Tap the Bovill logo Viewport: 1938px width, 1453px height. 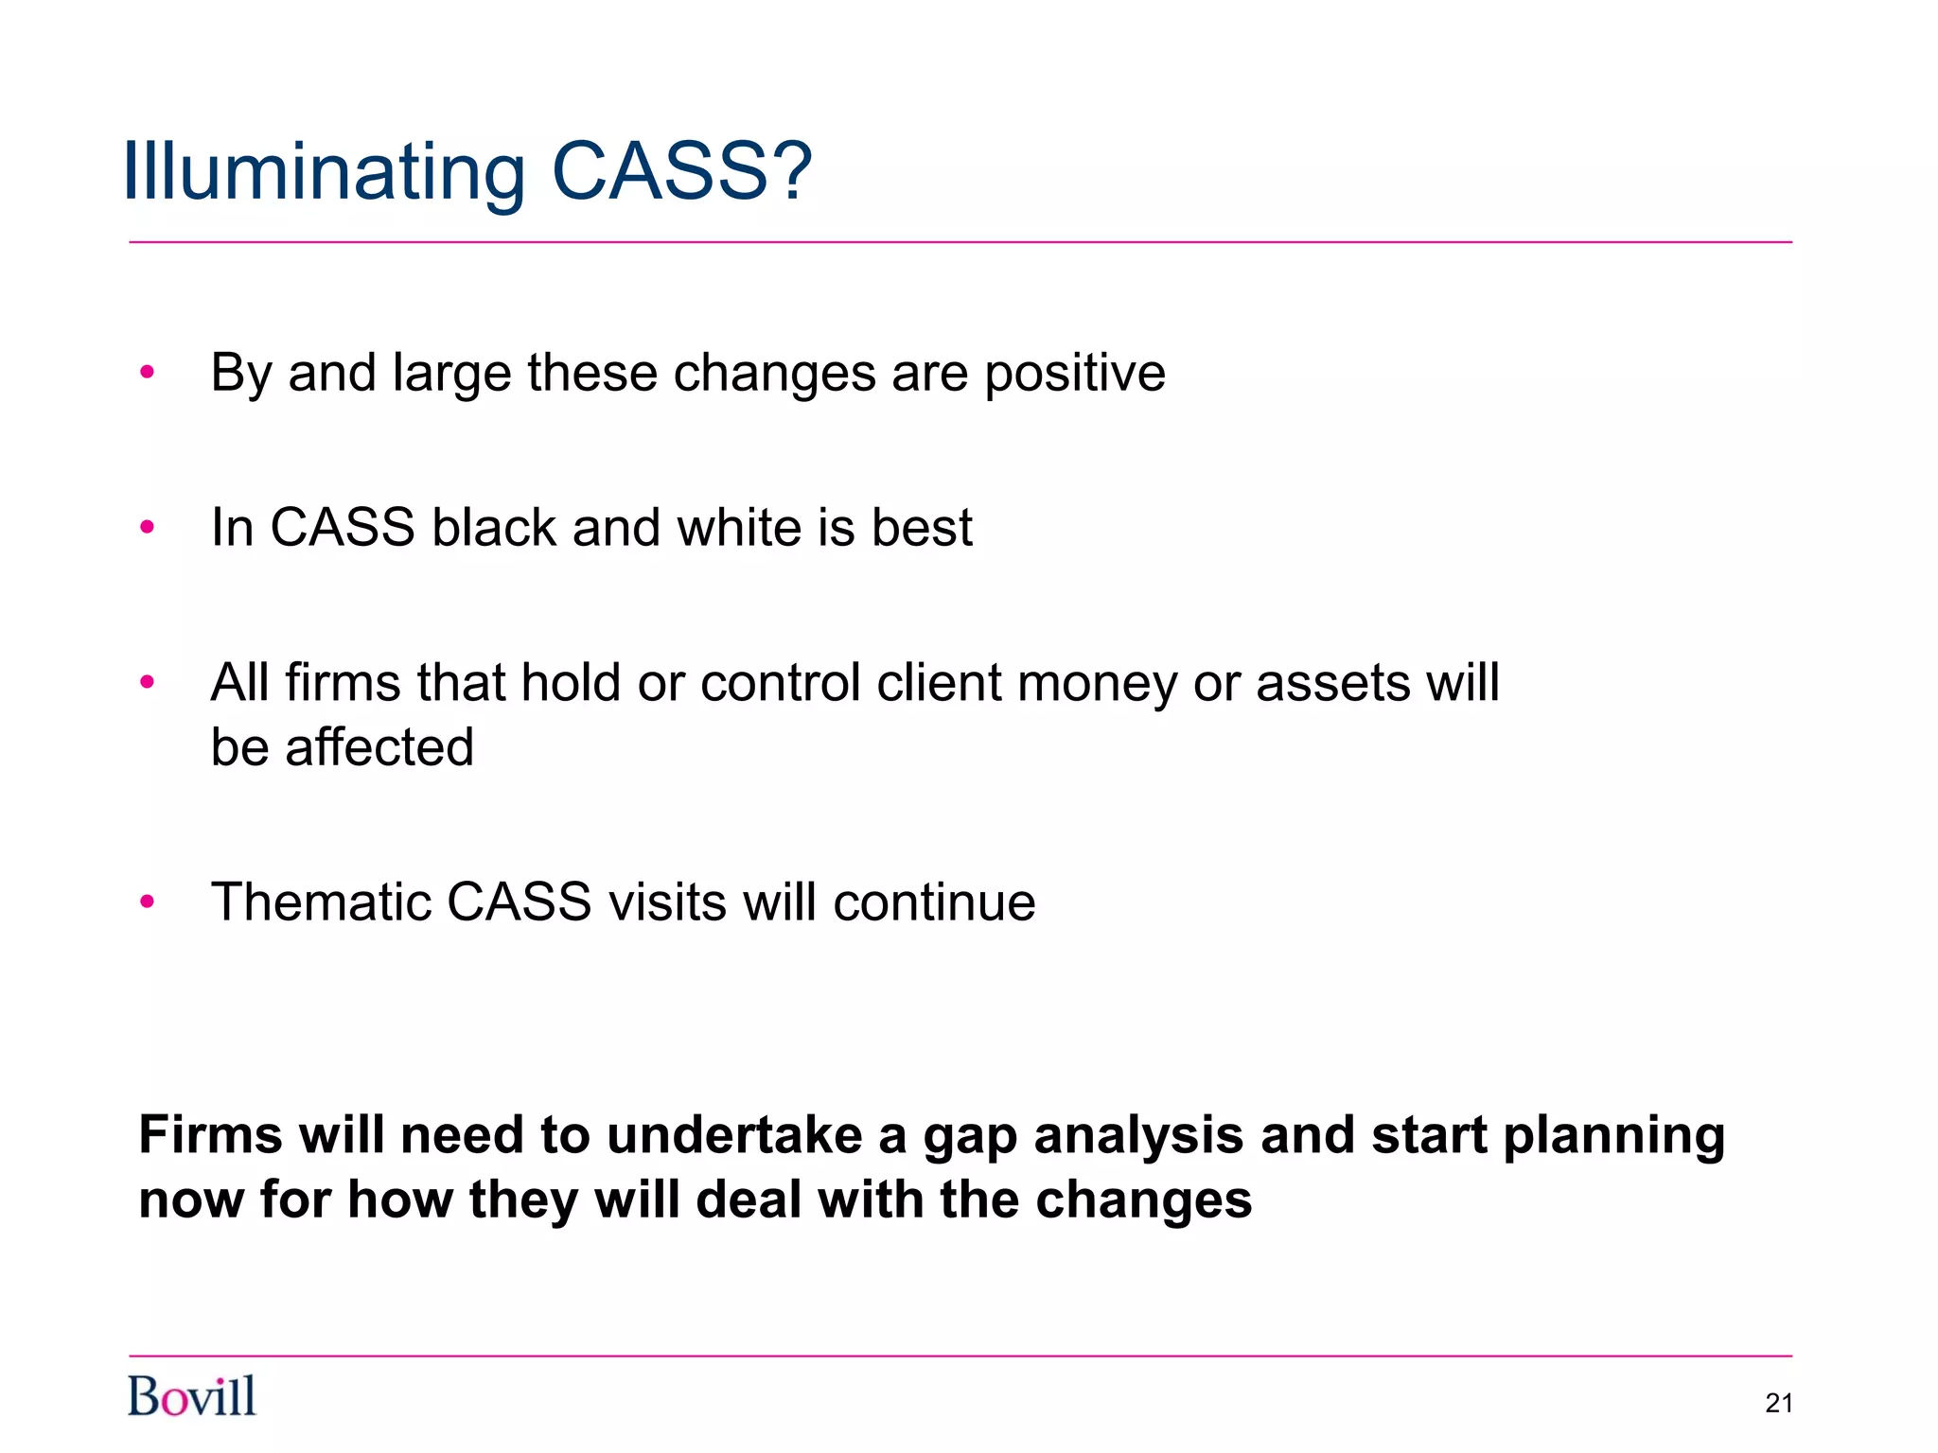tap(192, 1396)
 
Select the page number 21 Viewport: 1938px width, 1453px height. tap(1779, 1403)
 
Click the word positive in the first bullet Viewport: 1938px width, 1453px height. tap(1074, 374)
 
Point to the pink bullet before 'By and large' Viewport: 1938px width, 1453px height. tap(147, 372)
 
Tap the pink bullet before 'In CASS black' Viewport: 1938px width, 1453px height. tap(147, 527)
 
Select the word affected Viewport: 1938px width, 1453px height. tap(379, 747)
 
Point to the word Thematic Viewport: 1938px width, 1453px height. tap(320, 902)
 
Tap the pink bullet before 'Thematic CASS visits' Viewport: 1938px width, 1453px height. tap(147, 902)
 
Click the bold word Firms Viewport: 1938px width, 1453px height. tap(210, 1135)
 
